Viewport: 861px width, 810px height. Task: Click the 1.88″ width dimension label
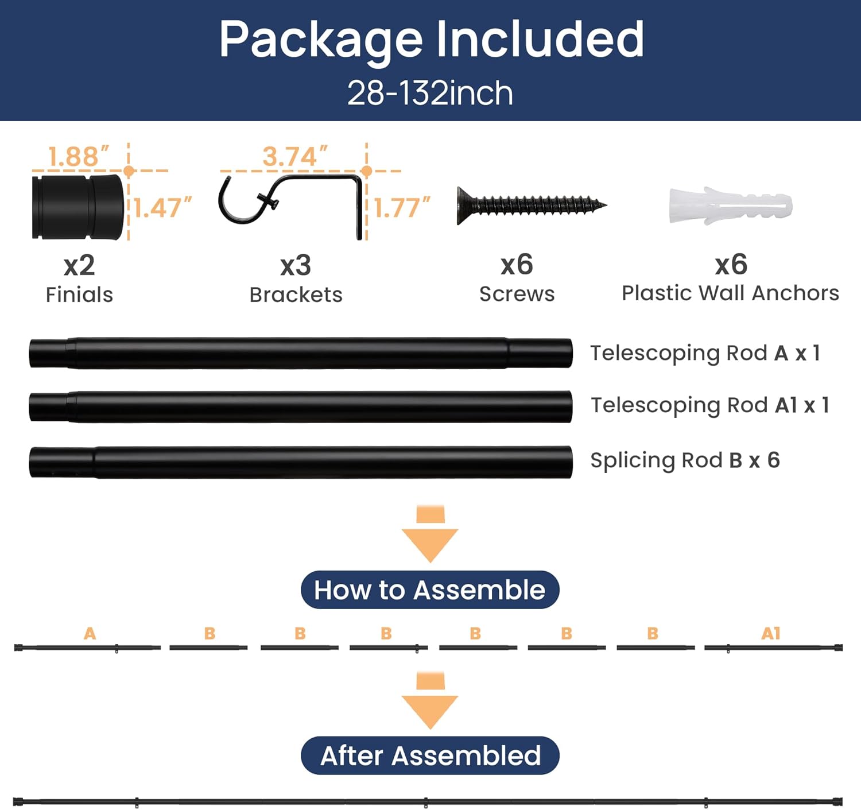(79, 157)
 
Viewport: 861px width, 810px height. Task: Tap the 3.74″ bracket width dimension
(295, 157)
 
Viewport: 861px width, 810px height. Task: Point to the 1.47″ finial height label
(162, 208)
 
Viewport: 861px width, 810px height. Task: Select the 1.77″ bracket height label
(402, 208)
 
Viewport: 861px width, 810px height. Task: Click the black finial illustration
(78, 207)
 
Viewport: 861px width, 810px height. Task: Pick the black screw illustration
(532, 206)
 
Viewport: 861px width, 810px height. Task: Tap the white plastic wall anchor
(731, 206)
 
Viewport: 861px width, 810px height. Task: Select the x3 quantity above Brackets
(296, 265)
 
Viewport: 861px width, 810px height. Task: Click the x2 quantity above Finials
(79, 265)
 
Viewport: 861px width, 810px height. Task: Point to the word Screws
(517, 294)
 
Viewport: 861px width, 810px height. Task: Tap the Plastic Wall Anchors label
(731, 293)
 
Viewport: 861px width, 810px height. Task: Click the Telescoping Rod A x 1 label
(705, 353)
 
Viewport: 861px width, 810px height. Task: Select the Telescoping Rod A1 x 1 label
(709, 405)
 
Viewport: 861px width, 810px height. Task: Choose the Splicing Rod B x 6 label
(685, 460)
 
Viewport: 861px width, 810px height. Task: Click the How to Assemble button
(430, 590)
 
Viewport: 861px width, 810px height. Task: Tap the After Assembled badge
(430, 756)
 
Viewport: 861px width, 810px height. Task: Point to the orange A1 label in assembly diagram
(770, 634)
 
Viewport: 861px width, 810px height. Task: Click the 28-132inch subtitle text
(430, 93)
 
